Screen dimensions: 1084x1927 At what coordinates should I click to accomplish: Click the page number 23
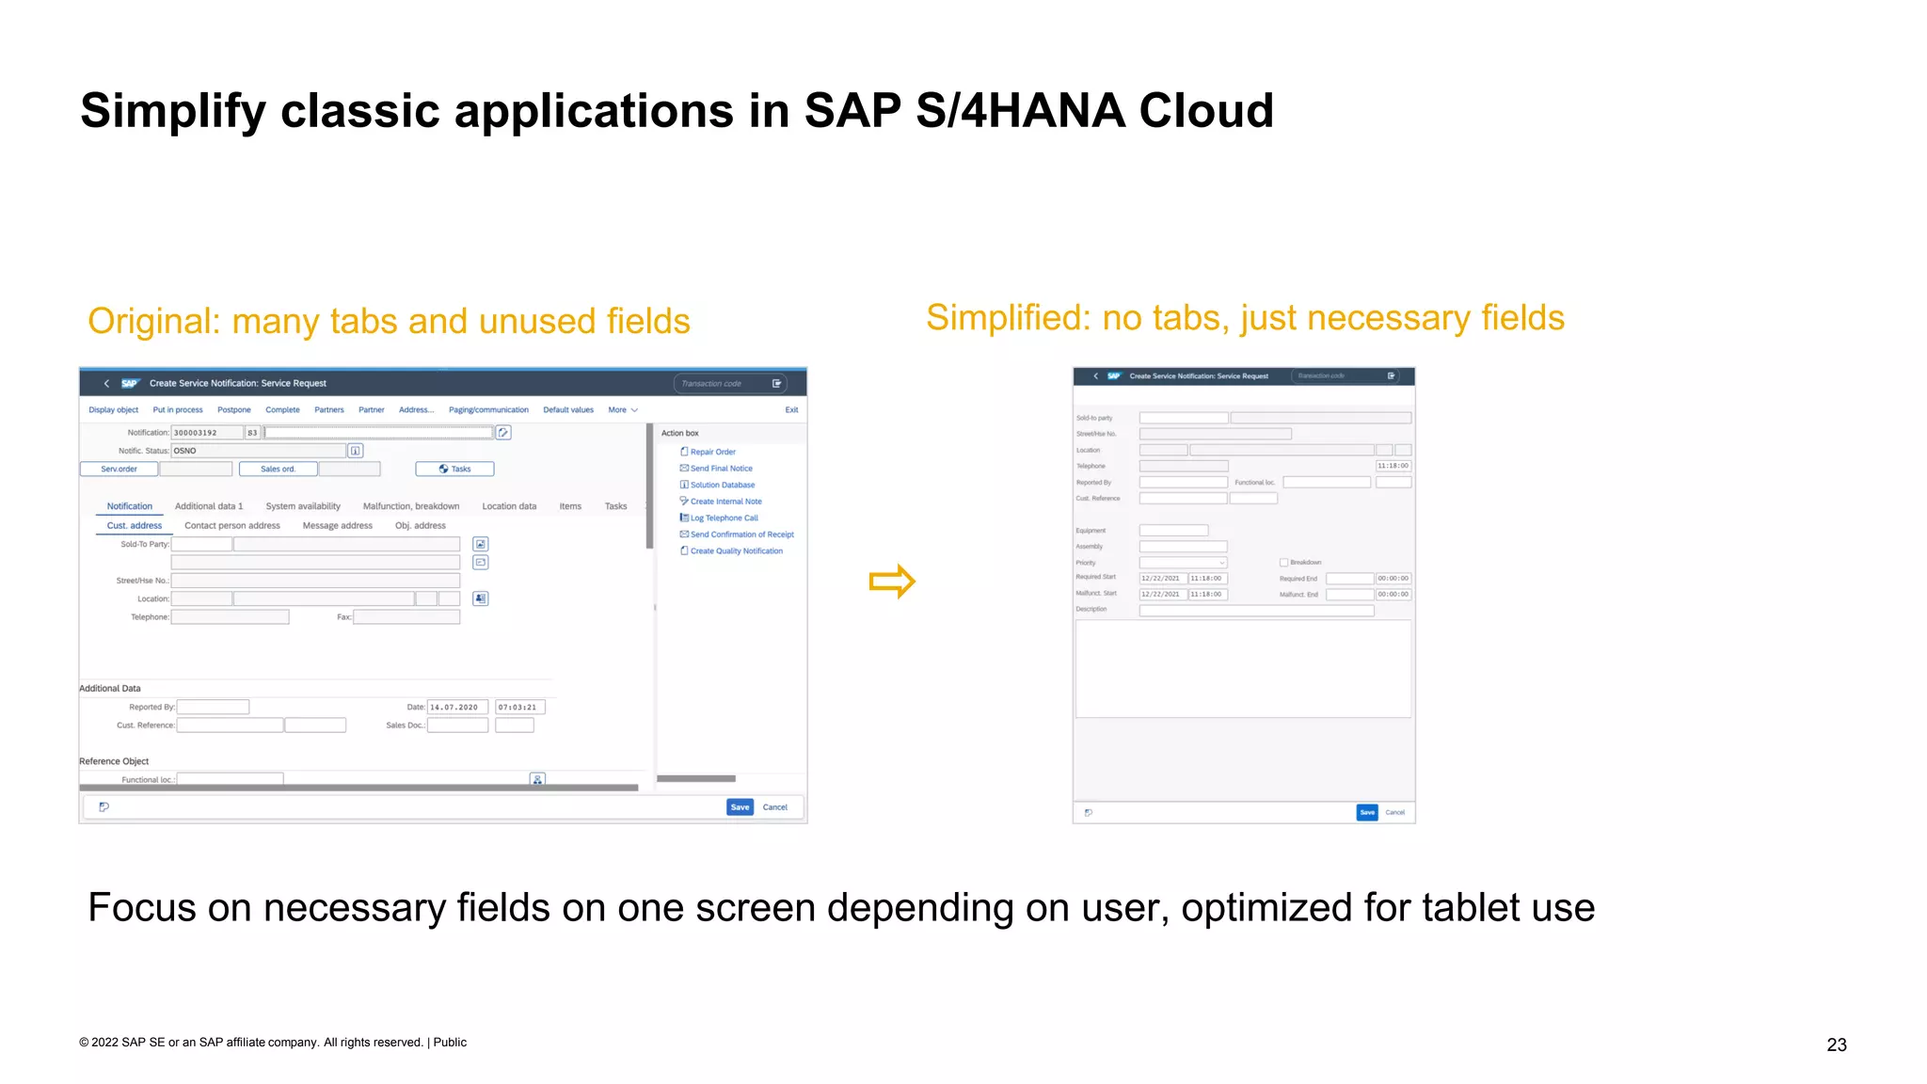click(1836, 1044)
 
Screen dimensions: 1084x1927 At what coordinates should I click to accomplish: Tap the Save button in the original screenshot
click(740, 807)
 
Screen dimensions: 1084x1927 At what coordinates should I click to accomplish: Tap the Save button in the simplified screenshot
click(1366, 812)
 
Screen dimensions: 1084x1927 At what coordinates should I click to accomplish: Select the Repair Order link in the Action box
click(712, 452)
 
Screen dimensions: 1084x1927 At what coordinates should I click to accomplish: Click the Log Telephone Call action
click(724, 518)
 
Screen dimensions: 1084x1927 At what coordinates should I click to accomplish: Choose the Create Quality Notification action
click(736, 551)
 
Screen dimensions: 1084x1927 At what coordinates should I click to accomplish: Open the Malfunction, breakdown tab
click(411, 506)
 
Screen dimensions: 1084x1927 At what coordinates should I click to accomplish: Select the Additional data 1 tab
click(209, 506)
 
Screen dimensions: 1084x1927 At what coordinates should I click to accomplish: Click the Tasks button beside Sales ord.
click(454, 469)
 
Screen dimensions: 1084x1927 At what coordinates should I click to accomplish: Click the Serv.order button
click(119, 469)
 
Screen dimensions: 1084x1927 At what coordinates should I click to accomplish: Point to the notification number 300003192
click(196, 433)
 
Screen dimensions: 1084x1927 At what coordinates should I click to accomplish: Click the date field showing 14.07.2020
click(456, 707)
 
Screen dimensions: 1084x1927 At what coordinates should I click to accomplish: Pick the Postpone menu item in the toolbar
click(234, 410)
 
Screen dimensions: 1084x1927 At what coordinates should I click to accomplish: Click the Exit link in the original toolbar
click(791, 410)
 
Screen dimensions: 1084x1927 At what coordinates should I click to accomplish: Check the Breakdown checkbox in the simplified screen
click(1283, 563)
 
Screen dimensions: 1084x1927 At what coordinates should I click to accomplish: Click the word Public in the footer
click(450, 1043)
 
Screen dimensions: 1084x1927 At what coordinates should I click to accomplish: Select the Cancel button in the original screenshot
click(774, 807)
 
